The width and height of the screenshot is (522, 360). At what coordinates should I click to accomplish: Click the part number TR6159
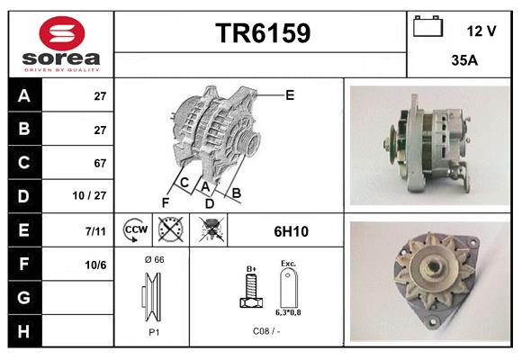click(x=263, y=33)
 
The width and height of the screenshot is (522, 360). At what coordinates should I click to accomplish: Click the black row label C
click(x=23, y=163)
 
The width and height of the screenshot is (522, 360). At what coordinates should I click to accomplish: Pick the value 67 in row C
click(x=100, y=163)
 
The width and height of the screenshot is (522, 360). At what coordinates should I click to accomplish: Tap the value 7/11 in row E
click(x=96, y=230)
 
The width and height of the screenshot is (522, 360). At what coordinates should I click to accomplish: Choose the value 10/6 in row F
click(x=96, y=264)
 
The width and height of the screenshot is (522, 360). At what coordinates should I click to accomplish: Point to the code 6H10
click(x=291, y=231)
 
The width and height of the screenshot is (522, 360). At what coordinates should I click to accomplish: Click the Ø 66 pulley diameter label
click(x=153, y=259)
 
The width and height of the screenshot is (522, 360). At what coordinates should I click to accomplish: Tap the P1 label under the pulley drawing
click(x=153, y=330)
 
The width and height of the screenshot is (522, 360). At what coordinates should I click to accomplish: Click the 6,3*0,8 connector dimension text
click(x=288, y=312)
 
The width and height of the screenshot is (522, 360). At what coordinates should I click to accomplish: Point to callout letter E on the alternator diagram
click(x=290, y=93)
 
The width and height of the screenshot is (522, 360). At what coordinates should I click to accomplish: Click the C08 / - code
click(x=265, y=330)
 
